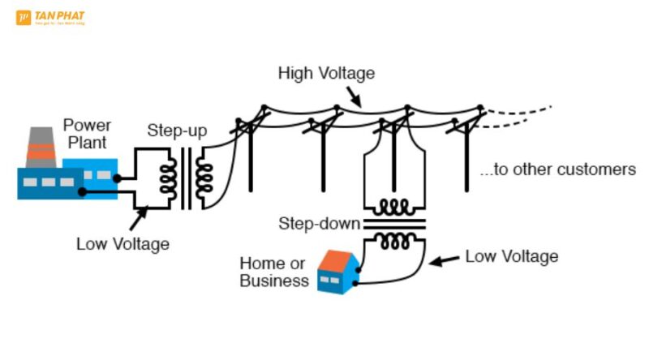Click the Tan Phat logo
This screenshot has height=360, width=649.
[x=50, y=17]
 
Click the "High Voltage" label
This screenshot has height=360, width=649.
[x=326, y=73]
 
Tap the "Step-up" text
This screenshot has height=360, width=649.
[x=177, y=130]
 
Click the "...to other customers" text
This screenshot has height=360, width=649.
[x=557, y=170]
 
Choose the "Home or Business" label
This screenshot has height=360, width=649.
[x=274, y=272]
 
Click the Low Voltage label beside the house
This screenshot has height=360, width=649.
[x=511, y=257]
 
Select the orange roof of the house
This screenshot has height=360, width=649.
[x=334, y=261]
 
